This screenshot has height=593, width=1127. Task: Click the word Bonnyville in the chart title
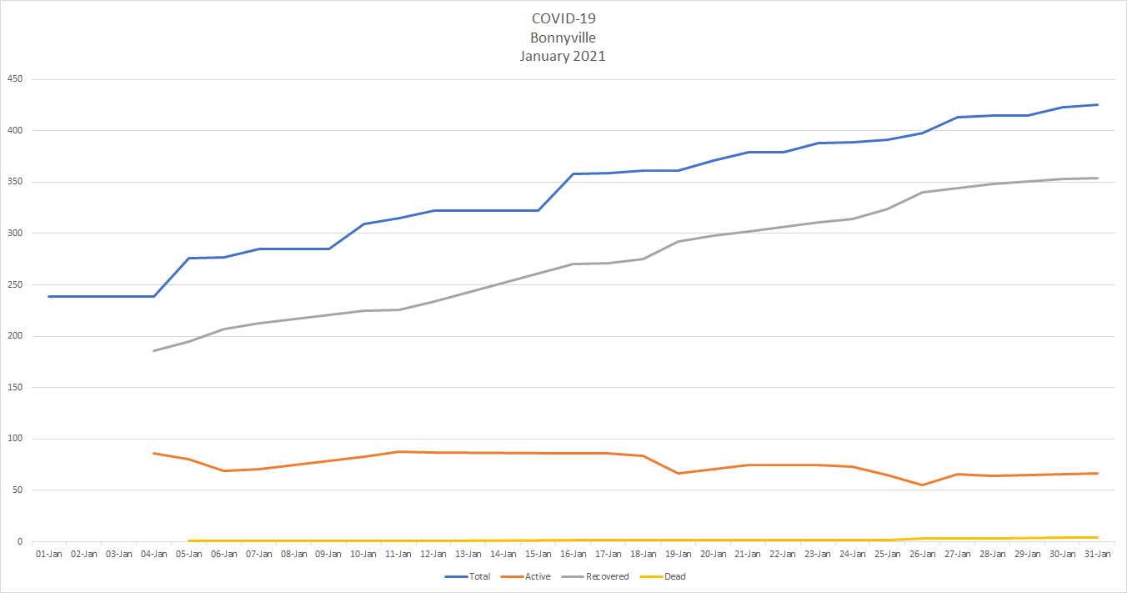(563, 38)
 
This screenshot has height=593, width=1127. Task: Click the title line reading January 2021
(563, 56)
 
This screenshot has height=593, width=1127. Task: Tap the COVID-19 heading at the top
(563, 18)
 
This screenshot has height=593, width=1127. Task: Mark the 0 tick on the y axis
(21, 541)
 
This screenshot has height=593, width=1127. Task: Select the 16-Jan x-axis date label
(573, 554)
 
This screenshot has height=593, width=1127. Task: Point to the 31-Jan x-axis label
(1097, 554)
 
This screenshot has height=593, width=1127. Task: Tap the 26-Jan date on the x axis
(922, 554)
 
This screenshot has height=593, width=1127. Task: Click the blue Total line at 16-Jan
(573, 174)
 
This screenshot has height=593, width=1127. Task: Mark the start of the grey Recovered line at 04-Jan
(154, 350)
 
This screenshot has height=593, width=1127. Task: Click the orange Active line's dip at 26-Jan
(922, 485)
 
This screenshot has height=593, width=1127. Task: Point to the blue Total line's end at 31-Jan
(1097, 105)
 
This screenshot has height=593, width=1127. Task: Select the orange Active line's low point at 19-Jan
(678, 473)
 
